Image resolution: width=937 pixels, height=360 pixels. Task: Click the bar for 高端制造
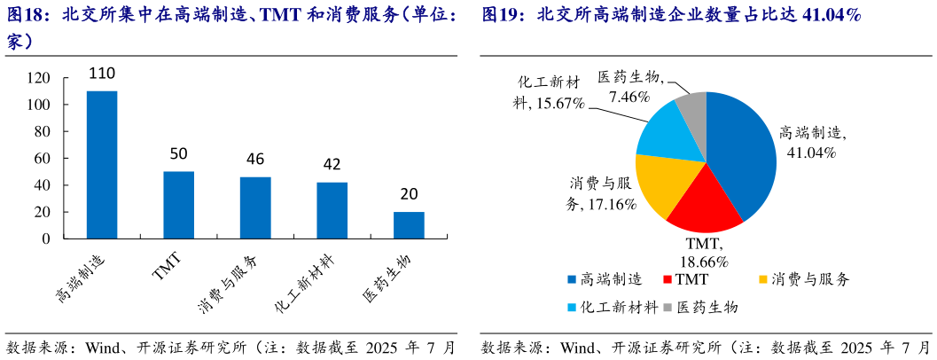tap(102, 165)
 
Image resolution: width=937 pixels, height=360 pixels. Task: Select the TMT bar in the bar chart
tap(178, 205)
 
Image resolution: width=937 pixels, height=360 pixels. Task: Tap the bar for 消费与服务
tap(255, 207)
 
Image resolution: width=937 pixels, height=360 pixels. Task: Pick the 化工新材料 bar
tap(332, 210)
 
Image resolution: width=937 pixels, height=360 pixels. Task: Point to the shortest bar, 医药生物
tap(409, 225)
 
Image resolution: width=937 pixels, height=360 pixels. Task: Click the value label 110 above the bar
tap(102, 74)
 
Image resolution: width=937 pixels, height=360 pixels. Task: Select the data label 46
tap(255, 160)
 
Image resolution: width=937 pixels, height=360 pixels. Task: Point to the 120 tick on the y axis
tap(39, 78)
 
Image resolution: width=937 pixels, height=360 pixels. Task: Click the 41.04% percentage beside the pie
tap(812, 152)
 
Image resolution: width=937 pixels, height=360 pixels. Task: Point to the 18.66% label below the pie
tap(704, 262)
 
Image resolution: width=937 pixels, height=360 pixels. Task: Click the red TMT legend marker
tap(668, 280)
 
